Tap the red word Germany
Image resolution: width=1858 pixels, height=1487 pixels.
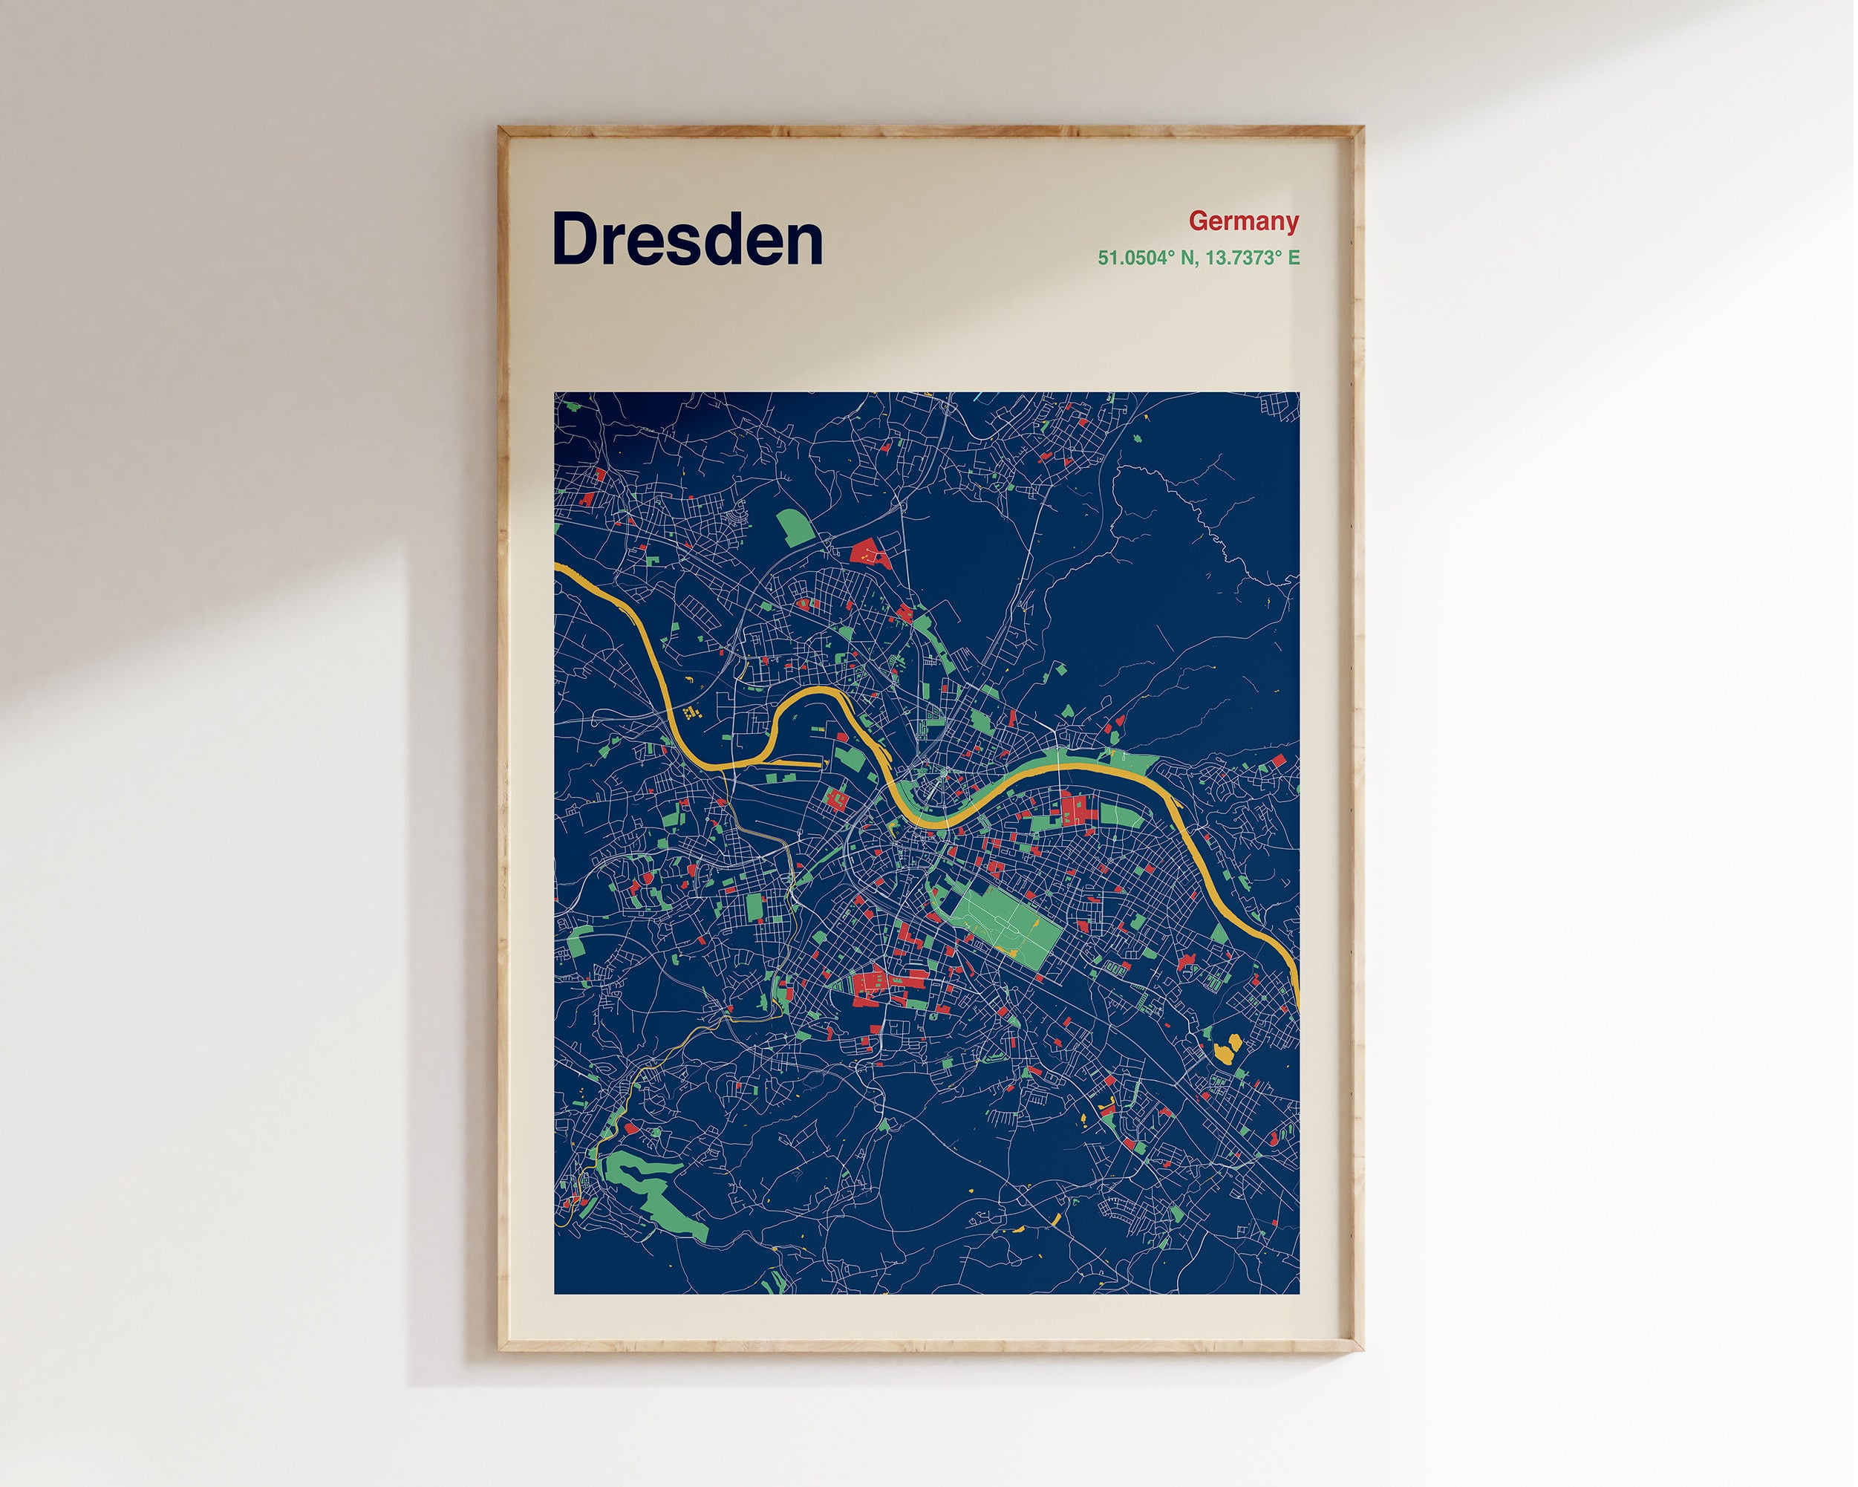point(1242,221)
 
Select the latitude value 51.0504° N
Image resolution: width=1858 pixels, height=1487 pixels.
point(1143,258)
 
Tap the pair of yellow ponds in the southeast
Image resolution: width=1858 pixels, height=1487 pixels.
point(1226,1048)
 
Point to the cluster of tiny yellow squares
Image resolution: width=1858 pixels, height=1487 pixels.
point(689,713)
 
